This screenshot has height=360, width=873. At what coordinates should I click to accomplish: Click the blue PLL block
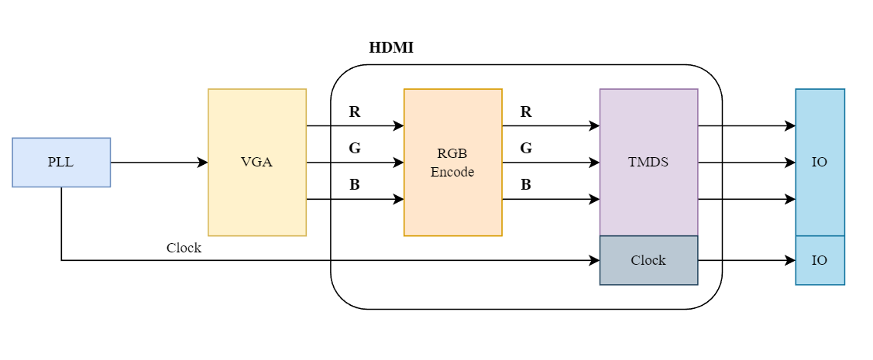point(61,163)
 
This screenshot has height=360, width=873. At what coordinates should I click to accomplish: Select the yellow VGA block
point(257,163)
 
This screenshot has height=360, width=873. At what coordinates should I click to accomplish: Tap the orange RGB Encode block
point(452,163)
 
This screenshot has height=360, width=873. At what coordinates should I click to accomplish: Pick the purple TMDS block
point(648,163)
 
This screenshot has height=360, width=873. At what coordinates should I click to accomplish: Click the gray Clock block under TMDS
point(648,260)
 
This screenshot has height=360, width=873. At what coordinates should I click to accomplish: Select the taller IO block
point(820,163)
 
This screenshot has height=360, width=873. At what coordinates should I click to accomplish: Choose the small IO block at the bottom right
point(820,260)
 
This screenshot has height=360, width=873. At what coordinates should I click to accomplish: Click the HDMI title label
point(391,48)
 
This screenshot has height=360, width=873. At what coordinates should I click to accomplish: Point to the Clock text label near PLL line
point(184,248)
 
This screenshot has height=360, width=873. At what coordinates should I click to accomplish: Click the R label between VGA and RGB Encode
point(355,111)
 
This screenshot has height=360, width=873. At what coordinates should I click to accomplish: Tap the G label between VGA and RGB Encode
point(355,148)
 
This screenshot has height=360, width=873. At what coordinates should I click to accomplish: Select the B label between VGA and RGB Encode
point(355,185)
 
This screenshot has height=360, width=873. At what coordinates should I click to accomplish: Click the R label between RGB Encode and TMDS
point(526,111)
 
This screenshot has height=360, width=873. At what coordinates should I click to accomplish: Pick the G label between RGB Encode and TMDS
point(526,148)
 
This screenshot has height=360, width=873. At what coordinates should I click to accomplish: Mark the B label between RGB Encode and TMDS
point(526,185)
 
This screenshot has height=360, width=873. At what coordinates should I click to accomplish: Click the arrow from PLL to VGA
point(159,163)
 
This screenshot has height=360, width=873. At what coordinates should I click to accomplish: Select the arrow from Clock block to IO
point(747,260)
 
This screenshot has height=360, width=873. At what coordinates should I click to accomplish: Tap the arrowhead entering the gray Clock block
point(594,260)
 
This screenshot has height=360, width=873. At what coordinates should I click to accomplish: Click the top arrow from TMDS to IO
point(747,125)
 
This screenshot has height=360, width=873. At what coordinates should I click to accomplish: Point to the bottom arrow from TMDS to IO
point(747,199)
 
